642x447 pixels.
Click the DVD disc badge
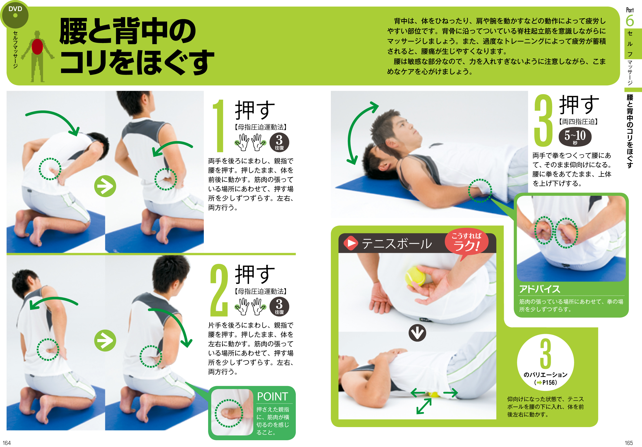(x=14, y=14)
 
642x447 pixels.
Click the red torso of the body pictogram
(x=37, y=46)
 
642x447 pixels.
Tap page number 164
(x=7, y=443)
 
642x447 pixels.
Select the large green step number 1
(x=219, y=126)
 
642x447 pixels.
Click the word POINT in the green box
(x=272, y=397)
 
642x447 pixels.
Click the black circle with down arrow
(x=417, y=332)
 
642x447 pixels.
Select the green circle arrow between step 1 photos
(x=105, y=186)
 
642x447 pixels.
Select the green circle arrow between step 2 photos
(x=105, y=341)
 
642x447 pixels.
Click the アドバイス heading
(x=540, y=289)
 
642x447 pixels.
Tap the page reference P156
(x=550, y=382)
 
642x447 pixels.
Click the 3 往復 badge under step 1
(x=279, y=142)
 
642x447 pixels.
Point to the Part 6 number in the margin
(x=630, y=21)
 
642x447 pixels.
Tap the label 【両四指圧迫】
(x=578, y=122)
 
